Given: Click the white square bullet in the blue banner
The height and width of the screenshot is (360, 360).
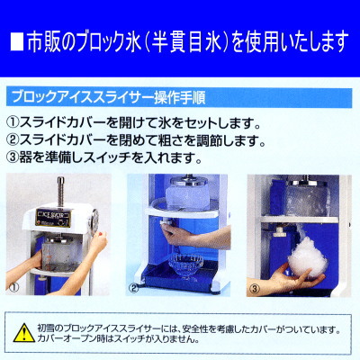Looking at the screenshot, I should click(20, 41).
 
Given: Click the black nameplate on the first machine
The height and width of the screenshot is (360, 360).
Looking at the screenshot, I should click(55, 214).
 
